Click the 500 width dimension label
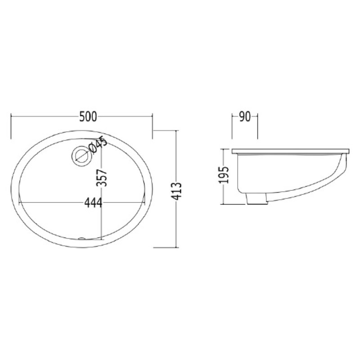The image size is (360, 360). [x=88, y=117]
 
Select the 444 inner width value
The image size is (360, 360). [x=93, y=203]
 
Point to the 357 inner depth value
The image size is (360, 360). [x=102, y=178]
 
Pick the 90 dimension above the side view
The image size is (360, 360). [x=244, y=117]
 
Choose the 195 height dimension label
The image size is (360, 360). [x=224, y=175]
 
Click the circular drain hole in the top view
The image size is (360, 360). [x=82, y=155]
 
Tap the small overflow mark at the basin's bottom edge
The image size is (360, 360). [x=82, y=238]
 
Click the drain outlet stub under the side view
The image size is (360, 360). [x=256, y=198]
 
